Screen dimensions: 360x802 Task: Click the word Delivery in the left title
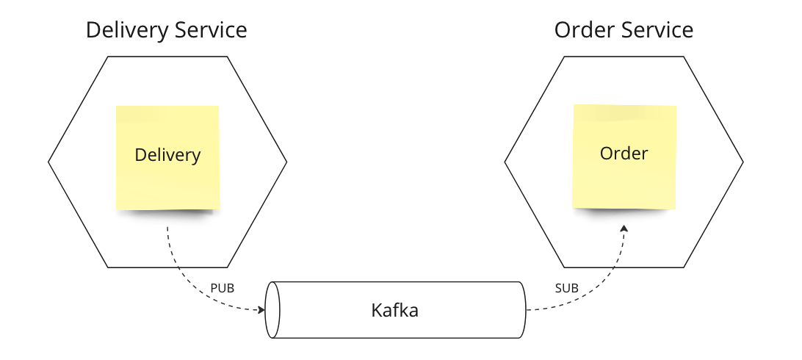click(x=125, y=30)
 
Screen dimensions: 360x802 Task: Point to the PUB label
click(x=222, y=288)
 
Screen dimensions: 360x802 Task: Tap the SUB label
click(x=567, y=288)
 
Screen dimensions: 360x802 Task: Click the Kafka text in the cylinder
click(x=394, y=310)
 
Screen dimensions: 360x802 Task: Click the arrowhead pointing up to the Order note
click(x=624, y=228)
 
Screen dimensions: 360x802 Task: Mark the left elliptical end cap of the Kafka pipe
click(x=272, y=310)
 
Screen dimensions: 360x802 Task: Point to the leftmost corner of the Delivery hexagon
click(x=49, y=162)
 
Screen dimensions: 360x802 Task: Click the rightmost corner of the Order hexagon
click(x=743, y=162)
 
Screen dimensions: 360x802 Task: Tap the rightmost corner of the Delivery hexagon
click(x=286, y=162)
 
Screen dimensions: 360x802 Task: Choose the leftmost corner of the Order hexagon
click(x=505, y=162)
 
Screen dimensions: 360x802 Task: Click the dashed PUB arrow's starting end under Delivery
click(x=168, y=229)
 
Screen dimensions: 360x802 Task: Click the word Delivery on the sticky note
click(x=167, y=155)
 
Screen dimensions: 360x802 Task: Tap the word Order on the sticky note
click(x=624, y=154)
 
